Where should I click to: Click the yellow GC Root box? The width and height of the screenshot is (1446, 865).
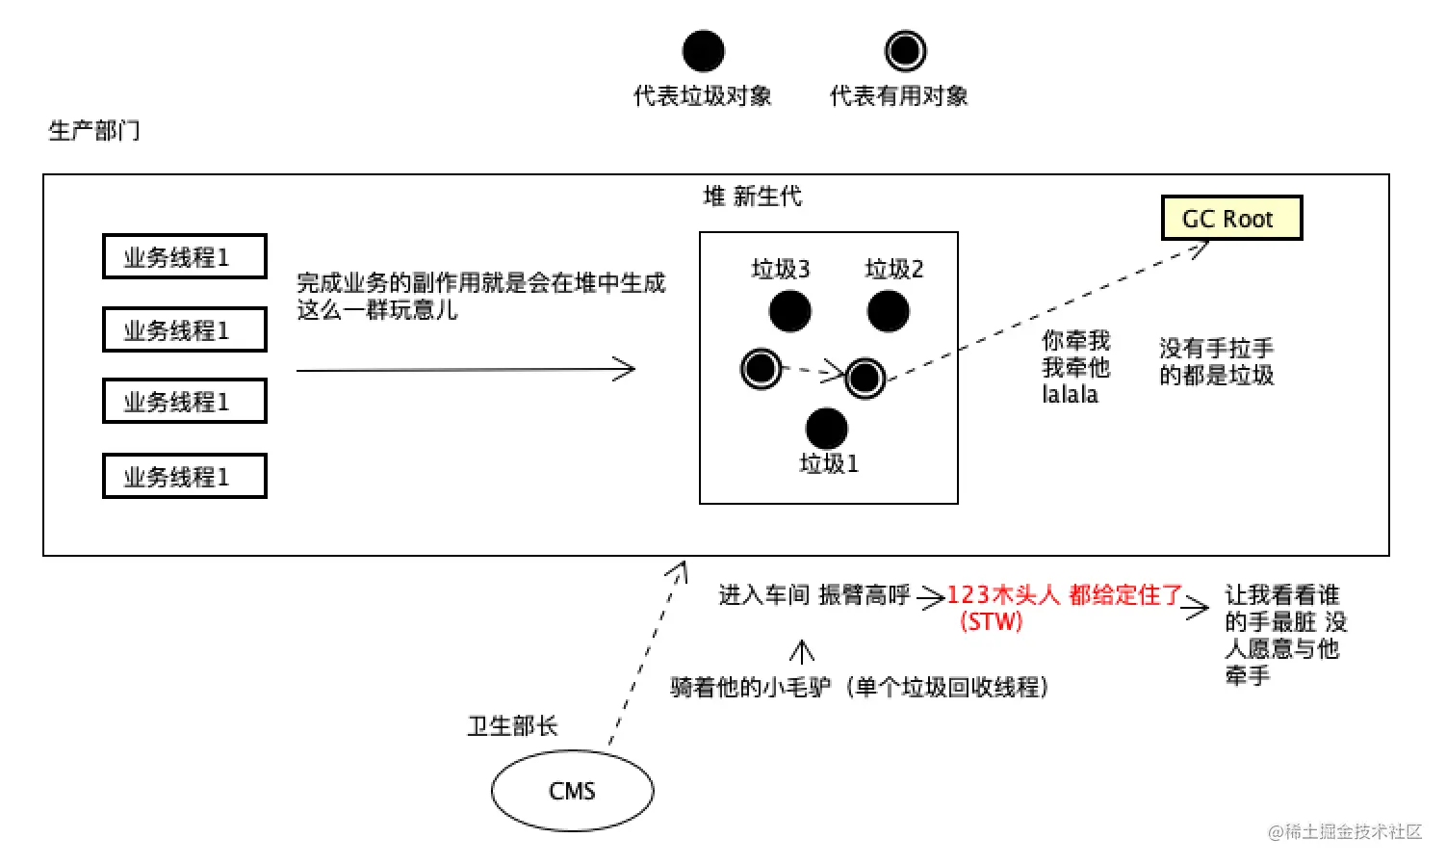pyautogui.click(x=1231, y=219)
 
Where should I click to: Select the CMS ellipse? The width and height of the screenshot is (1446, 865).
pyautogui.click(x=572, y=791)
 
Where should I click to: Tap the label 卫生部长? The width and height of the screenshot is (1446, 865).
pyautogui.click(x=512, y=726)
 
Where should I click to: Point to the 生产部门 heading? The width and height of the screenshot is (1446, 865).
pyautogui.click(x=94, y=130)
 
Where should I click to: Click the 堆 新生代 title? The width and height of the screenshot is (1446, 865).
pyautogui.click(x=752, y=197)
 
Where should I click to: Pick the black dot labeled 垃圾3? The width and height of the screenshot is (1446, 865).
pyautogui.click(x=789, y=311)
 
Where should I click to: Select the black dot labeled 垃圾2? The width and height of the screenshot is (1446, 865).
pyautogui.click(x=888, y=311)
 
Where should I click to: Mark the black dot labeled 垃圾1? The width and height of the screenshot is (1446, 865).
pyautogui.click(x=826, y=429)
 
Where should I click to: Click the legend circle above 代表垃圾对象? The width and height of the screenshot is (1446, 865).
pyautogui.click(x=703, y=51)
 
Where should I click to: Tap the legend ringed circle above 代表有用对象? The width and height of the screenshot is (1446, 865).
pyautogui.click(x=904, y=51)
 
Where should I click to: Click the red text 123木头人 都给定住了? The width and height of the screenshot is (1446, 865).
pyautogui.click(x=1064, y=595)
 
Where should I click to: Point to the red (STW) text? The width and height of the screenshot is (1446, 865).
pyautogui.click(x=991, y=622)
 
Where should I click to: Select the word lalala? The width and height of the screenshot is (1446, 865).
pyautogui.click(x=1070, y=395)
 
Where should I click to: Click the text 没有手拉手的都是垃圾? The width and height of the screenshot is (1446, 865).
pyautogui.click(x=1216, y=361)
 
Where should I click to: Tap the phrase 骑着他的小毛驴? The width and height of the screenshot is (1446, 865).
pyautogui.click(x=750, y=688)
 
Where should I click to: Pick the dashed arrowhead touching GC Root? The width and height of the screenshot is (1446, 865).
pyautogui.click(x=1200, y=248)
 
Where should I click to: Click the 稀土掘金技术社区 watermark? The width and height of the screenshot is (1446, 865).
pyautogui.click(x=1345, y=831)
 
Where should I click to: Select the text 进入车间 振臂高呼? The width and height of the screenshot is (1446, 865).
pyautogui.click(x=813, y=595)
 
